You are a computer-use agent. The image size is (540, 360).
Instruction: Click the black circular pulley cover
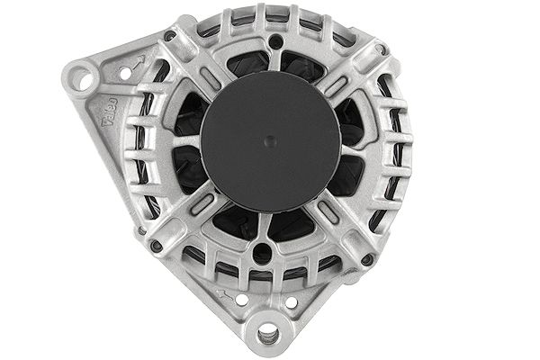click(270, 141)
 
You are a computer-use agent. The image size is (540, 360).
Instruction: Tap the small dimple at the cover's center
click(271, 140)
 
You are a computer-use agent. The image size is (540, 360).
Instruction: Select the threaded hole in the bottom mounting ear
click(267, 335)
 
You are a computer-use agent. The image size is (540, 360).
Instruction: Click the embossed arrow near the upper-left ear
click(138, 63)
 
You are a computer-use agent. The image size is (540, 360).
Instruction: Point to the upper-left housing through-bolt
click(170, 37)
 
